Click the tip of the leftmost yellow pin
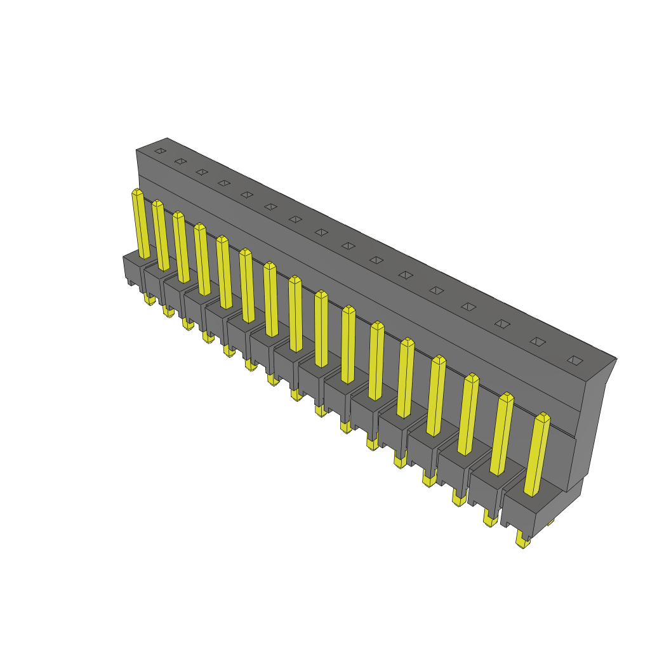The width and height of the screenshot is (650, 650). (x=137, y=190)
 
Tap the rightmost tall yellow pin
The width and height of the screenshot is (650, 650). (x=537, y=454)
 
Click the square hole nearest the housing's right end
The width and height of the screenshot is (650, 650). (x=574, y=361)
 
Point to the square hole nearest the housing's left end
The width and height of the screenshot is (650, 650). (x=160, y=150)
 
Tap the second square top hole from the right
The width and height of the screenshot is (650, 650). (x=538, y=342)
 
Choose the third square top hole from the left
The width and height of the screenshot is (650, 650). (x=202, y=171)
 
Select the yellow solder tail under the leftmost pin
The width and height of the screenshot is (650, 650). (x=149, y=298)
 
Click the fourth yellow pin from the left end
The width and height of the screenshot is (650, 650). (x=202, y=260)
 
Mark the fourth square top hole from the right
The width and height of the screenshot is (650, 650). (x=468, y=307)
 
